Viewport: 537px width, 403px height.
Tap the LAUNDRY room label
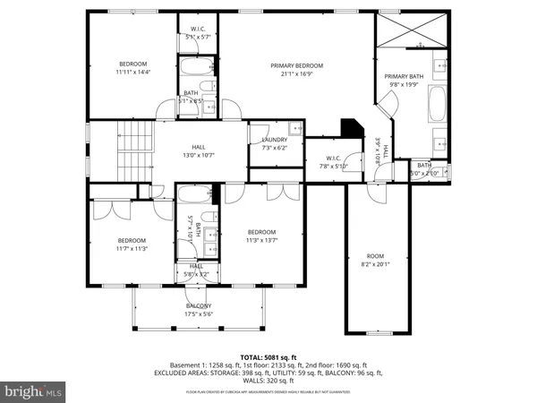pos(274,140)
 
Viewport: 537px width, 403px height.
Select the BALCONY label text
pos(200,305)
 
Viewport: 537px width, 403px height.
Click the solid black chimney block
pos(353,128)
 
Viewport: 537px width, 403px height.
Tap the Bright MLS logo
pos(34,391)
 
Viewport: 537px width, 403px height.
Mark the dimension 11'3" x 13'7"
pos(262,239)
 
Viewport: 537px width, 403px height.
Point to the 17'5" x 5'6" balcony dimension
pos(200,314)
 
